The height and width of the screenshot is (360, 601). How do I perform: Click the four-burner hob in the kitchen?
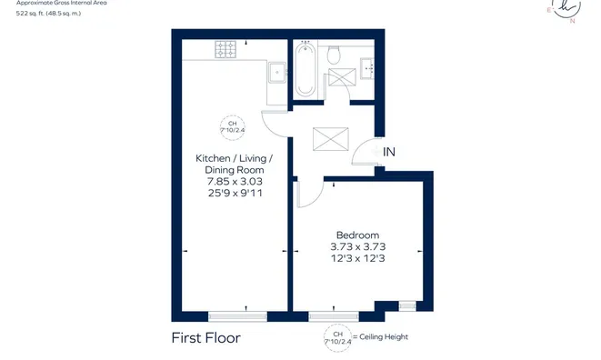(x=225, y=48)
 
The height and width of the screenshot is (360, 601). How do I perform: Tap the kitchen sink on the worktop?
(x=276, y=71)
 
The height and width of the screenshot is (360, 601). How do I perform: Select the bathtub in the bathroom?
(x=305, y=69)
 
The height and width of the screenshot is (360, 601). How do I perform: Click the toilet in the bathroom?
(x=334, y=55)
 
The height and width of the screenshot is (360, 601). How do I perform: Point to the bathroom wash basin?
(x=369, y=66)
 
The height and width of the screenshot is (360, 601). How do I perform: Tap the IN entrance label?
(x=388, y=152)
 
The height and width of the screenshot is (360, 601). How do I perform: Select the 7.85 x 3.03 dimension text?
(x=234, y=181)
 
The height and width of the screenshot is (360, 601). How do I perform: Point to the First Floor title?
(x=206, y=338)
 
